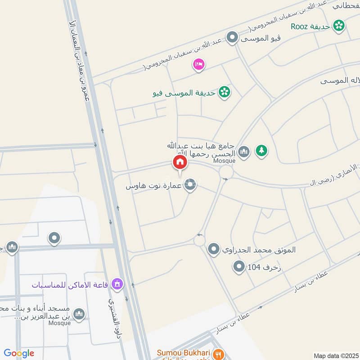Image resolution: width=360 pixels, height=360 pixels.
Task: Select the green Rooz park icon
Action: click(338, 26)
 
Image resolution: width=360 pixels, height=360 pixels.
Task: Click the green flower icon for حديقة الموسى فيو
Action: click(224, 93)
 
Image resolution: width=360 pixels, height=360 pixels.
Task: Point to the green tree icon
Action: click(261, 151)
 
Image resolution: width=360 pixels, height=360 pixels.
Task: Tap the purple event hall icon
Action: click(117, 284)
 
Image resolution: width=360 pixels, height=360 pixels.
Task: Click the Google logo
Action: click(19, 353)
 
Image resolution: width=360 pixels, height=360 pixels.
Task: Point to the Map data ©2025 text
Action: click(335, 355)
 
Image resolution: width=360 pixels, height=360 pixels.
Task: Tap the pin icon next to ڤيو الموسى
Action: click(232, 37)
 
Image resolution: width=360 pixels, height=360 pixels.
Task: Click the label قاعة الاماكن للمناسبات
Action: click(71, 284)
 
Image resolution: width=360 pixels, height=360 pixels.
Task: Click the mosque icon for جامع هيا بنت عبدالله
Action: click(243, 151)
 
